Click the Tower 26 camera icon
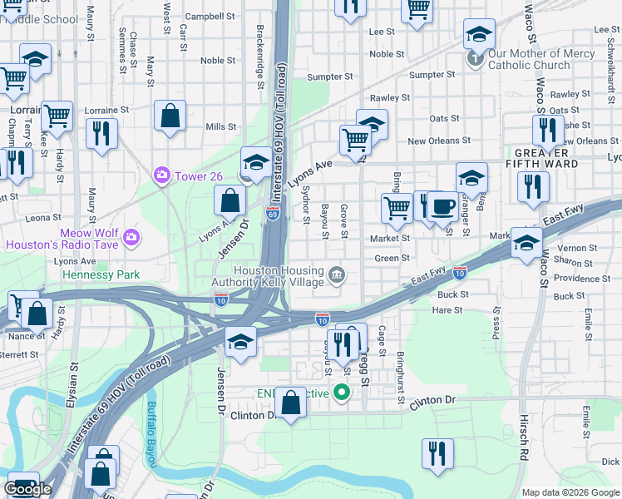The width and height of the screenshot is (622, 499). pyautogui.click(x=161, y=175)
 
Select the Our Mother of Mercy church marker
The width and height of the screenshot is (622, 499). pyautogui.click(x=476, y=58)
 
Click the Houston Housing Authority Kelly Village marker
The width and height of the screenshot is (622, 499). pyautogui.click(x=337, y=274)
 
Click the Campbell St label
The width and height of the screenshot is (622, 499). pyautogui.click(x=210, y=16)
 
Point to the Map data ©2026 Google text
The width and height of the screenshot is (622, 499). pyautogui.click(x=570, y=492)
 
